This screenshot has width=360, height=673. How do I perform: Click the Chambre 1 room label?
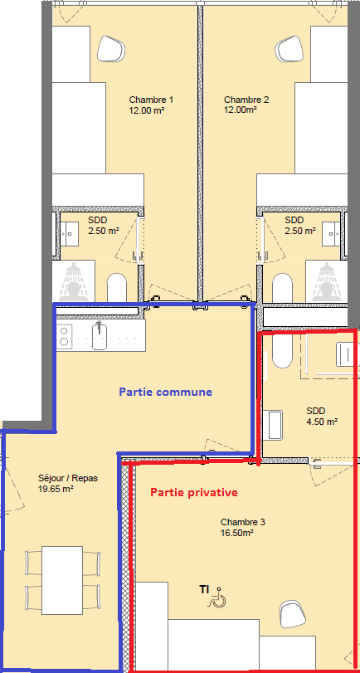click(152, 100)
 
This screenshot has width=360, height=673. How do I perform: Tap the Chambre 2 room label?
click(246, 100)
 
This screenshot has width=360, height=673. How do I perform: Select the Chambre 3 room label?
click(243, 522)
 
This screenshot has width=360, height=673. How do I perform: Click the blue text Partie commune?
click(165, 392)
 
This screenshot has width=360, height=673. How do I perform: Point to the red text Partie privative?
click(193, 492)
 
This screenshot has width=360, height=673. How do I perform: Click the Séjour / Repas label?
click(65, 478)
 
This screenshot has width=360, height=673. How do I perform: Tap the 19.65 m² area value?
click(56, 488)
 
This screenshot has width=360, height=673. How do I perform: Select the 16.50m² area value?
click(236, 533)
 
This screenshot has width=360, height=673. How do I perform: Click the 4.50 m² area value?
click(321, 422)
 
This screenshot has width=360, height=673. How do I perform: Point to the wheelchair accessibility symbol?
click(217, 597)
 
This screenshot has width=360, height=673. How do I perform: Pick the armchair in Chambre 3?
click(292, 615)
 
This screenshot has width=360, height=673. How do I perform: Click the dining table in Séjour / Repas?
click(62, 580)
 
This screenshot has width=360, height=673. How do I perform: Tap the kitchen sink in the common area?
click(99, 335)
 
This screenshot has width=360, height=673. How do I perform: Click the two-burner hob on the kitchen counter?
click(65, 335)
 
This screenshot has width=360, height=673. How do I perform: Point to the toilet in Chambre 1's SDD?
click(117, 288)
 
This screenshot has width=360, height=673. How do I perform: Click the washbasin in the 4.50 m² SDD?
click(275, 425)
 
